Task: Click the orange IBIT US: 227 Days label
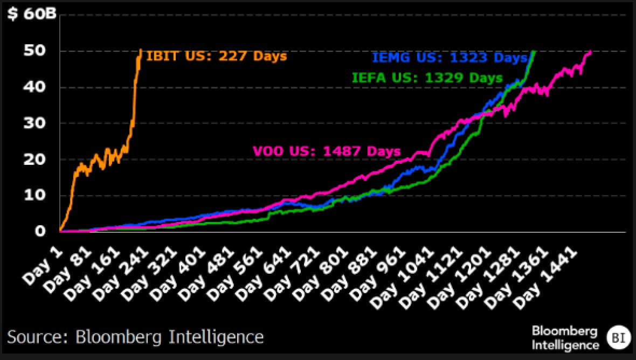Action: point(217,56)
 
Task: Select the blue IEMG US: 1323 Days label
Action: point(448,58)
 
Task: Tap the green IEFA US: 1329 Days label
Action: point(427,77)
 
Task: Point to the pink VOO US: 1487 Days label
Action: point(327,151)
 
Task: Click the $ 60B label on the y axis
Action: point(31,14)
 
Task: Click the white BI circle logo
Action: point(617,337)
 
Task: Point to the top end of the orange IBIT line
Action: point(141,50)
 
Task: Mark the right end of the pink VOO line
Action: point(591,52)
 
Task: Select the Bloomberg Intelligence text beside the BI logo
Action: point(565,337)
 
